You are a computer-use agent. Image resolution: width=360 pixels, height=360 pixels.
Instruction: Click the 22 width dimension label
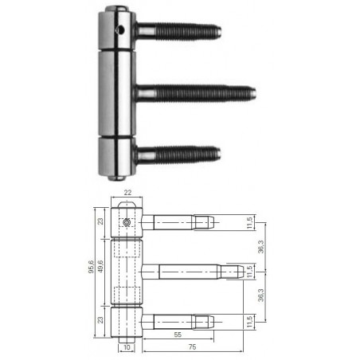[x=127, y=193]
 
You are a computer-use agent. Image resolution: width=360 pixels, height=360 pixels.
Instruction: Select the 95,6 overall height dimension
[x=91, y=267]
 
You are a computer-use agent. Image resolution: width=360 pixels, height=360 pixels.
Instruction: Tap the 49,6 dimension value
[x=100, y=266]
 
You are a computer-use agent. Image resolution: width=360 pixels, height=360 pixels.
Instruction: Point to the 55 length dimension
[x=178, y=335]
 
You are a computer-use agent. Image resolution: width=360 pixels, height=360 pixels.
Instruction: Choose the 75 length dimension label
[x=192, y=346]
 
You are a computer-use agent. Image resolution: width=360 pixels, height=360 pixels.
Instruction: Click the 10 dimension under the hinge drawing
[x=127, y=347]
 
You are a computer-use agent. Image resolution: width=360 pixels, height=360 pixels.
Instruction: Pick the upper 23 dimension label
[x=100, y=221]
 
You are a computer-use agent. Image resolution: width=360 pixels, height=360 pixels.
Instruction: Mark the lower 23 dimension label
[x=100, y=320]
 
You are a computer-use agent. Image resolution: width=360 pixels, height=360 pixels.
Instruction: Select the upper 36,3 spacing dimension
[x=261, y=247]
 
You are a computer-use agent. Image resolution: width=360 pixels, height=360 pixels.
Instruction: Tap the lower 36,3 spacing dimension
[x=261, y=295]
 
